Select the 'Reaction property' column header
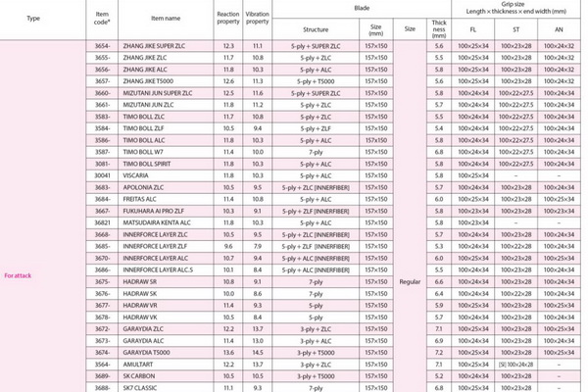(227, 18)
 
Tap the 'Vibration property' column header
(257, 18)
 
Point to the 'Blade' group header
(350, 6)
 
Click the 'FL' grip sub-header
(473, 30)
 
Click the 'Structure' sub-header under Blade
(316, 30)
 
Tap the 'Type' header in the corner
(34, 18)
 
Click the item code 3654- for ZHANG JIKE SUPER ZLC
(102, 47)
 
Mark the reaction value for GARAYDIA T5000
(227, 350)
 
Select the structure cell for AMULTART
(316, 363)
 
